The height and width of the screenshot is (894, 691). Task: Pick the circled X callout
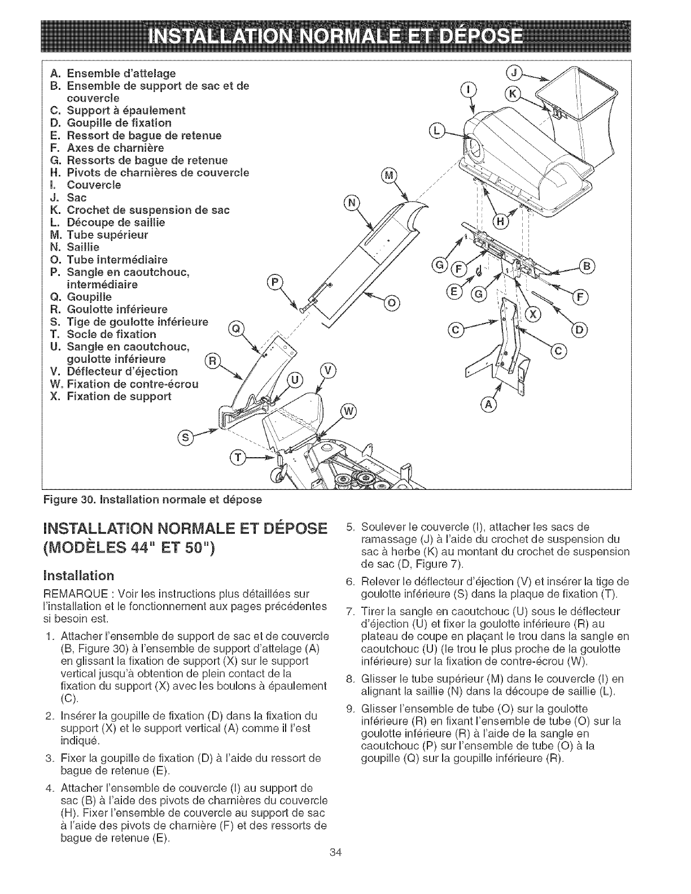point(531,314)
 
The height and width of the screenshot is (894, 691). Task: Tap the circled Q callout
point(237,328)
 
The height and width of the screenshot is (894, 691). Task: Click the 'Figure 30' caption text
point(152,499)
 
